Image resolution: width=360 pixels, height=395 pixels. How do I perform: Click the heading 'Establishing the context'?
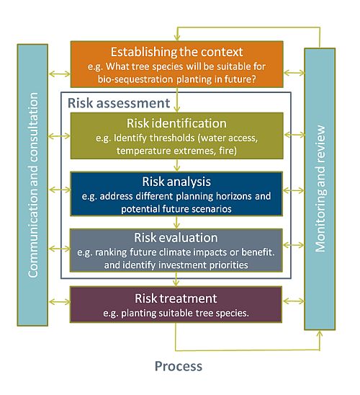click(x=176, y=52)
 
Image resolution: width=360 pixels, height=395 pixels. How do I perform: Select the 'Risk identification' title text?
click(x=176, y=123)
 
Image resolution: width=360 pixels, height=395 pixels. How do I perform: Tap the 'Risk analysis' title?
click(x=176, y=182)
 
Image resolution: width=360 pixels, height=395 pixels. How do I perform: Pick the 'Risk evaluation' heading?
click(x=176, y=238)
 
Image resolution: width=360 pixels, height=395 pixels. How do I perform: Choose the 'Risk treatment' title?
click(x=176, y=298)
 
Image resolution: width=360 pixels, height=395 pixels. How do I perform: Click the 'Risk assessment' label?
click(x=119, y=103)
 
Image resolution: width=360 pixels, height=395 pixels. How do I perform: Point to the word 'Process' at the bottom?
click(x=179, y=366)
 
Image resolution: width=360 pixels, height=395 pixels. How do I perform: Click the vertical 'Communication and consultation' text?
click(x=33, y=185)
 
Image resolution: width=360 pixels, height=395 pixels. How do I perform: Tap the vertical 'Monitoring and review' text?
click(x=320, y=189)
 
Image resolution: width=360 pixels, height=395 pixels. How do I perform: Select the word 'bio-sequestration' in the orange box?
click(x=135, y=79)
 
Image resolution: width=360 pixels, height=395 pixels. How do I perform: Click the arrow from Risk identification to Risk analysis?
click(x=177, y=165)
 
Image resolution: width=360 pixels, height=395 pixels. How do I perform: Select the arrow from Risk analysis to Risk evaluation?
click(x=176, y=223)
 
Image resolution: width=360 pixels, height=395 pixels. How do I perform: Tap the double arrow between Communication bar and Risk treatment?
click(x=59, y=302)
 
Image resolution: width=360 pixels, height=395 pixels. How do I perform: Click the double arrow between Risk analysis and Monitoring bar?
click(x=294, y=190)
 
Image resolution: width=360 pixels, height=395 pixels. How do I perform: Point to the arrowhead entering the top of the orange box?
click(x=177, y=38)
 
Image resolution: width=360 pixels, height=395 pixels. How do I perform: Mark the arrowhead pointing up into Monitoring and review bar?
click(x=320, y=334)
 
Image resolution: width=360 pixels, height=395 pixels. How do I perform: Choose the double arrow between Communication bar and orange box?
click(x=60, y=74)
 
